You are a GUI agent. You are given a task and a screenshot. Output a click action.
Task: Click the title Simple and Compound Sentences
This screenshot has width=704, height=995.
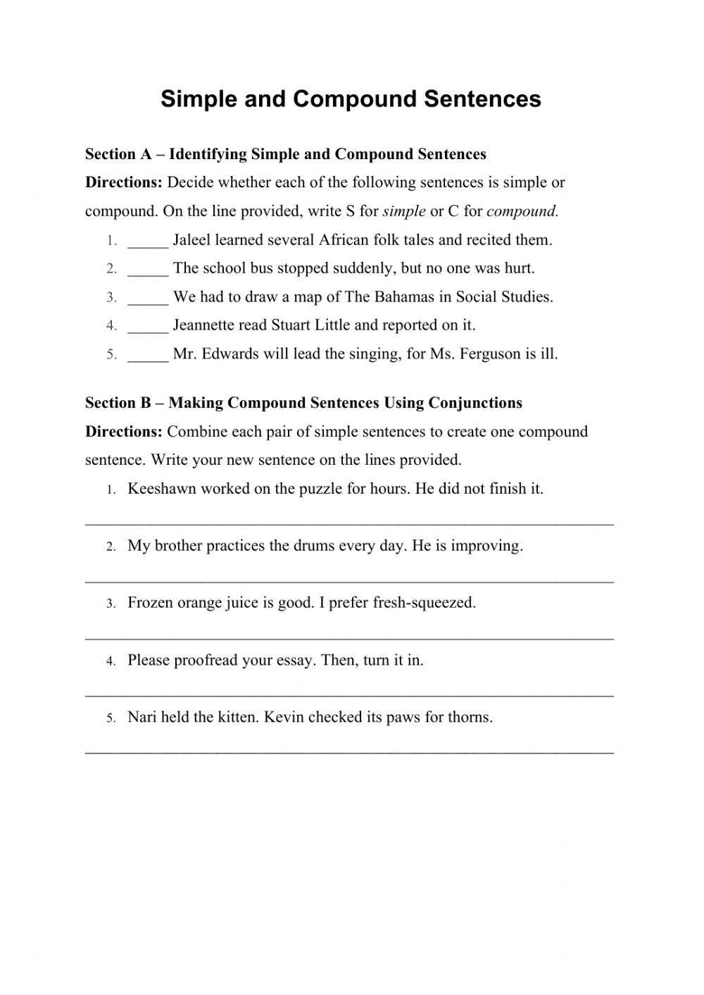click(351, 99)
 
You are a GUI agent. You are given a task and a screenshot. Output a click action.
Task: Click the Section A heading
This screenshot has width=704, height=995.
click(285, 154)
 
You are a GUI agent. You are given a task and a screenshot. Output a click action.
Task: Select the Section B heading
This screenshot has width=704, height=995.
click(303, 403)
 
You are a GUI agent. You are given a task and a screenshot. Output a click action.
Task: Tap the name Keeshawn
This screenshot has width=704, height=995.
click(161, 489)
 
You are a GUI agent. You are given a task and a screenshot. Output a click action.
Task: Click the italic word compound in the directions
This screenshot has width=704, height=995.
click(522, 211)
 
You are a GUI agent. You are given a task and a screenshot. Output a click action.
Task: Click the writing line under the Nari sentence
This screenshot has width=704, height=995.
click(349, 753)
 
